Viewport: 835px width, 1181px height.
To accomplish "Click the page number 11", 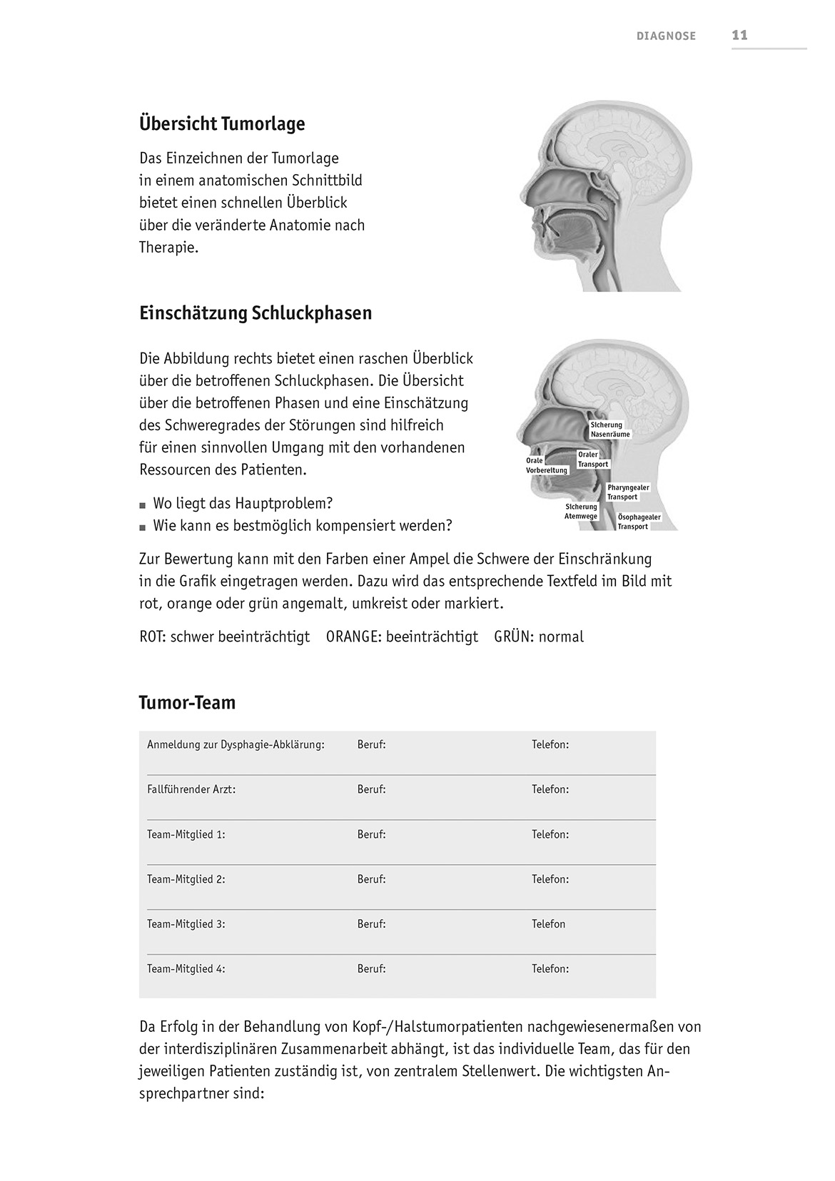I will [x=739, y=35].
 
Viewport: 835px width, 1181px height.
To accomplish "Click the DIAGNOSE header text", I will [x=666, y=36].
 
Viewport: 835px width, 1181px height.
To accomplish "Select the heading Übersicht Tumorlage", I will [x=222, y=123].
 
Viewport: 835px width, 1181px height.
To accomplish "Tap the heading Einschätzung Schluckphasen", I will [x=255, y=313].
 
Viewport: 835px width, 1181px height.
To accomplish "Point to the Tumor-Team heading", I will [x=187, y=703].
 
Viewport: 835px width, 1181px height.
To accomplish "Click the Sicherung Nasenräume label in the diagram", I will [x=610, y=430].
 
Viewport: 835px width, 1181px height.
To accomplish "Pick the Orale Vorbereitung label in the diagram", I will [x=547, y=465].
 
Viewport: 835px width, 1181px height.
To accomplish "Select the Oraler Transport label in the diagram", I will [x=593, y=460].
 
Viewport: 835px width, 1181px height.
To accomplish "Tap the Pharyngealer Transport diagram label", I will [x=628, y=492].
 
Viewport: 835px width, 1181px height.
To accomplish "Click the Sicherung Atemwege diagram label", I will [x=581, y=512].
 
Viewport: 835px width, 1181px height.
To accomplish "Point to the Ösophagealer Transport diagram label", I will [x=639, y=522].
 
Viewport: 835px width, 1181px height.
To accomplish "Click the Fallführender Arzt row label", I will [x=191, y=790].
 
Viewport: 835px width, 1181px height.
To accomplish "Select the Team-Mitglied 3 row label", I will [x=186, y=924].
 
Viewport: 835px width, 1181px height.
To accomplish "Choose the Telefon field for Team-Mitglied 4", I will [x=550, y=969].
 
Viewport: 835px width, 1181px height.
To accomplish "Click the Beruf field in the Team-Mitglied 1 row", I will [x=371, y=834].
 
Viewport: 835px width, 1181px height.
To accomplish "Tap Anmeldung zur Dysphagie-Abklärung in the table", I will [x=236, y=745].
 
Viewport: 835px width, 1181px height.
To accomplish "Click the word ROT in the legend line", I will [x=153, y=637].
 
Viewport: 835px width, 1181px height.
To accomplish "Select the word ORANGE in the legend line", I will [x=353, y=637].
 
